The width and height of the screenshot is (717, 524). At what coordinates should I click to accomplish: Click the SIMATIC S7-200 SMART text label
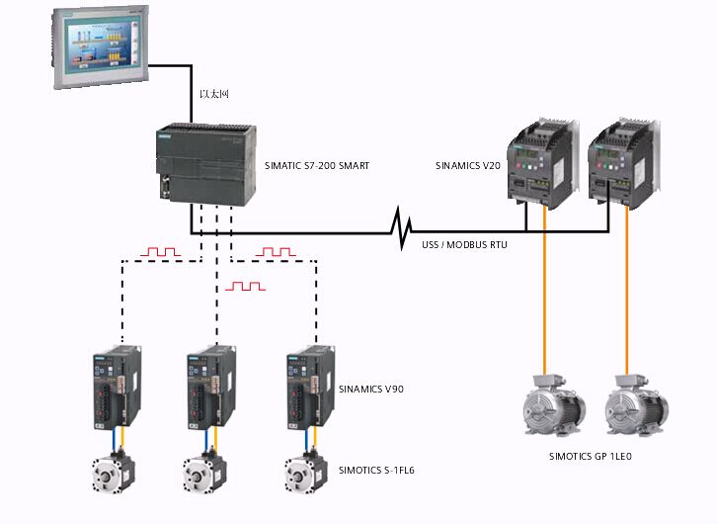[317, 166]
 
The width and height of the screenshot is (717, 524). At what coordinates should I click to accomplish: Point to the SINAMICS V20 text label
[470, 165]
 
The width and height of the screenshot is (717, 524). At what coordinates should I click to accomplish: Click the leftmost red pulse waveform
[159, 253]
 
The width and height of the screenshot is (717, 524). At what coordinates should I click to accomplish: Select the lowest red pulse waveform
[245, 286]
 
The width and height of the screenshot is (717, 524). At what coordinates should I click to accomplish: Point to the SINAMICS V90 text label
[370, 390]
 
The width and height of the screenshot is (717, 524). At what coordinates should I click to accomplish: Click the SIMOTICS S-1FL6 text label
[376, 470]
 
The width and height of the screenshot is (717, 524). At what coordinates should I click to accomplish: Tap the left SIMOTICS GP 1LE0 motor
[550, 407]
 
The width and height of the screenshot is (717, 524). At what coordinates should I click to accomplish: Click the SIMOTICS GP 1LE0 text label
[590, 457]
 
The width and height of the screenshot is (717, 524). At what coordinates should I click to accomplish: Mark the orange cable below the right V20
[625, 297]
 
